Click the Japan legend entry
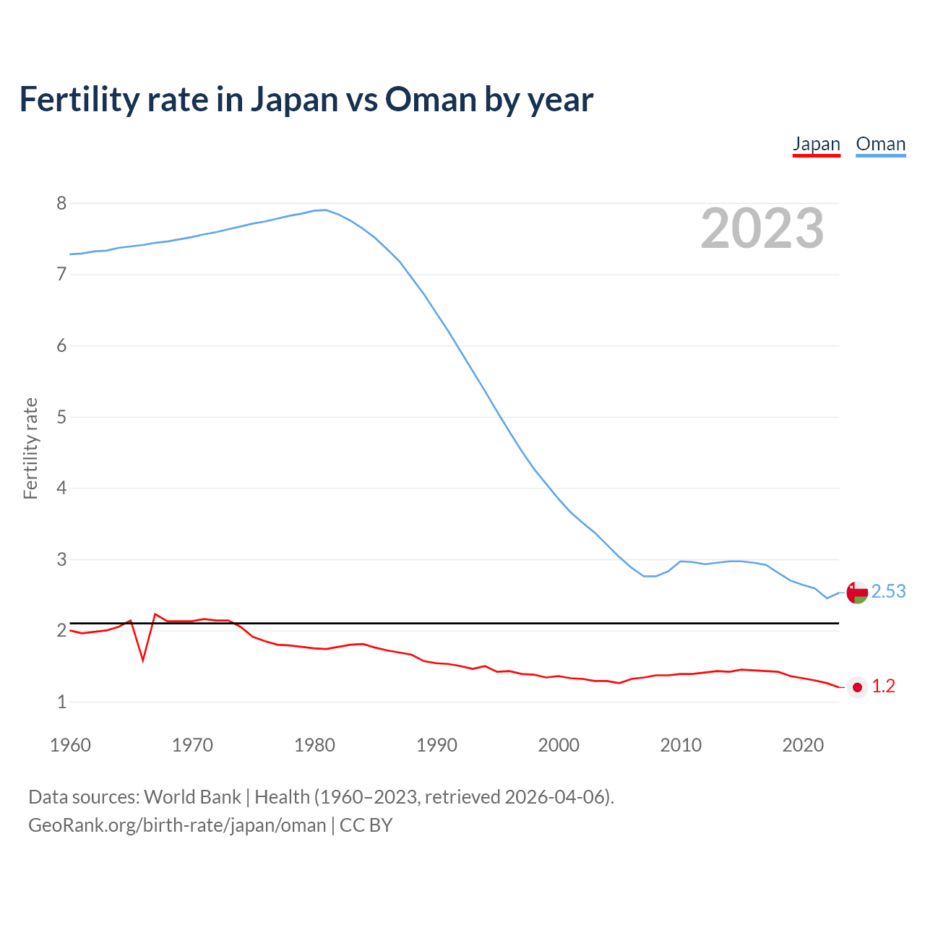(x=816, y=144)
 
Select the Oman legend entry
(x=880, y=144)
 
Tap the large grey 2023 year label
(x=762, y=228)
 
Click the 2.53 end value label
(x=888, y=592)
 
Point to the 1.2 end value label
(x=883, y=687)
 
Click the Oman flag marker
(x=857, y=593)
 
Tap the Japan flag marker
(x=857, y=687)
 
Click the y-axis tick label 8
(x=61, y=204)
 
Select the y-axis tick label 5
(x=61, y=417)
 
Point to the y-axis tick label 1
(x=61, y=702)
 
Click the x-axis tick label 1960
(x=70, y=745)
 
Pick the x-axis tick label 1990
(x=436, y=745)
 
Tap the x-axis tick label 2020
(x=803, y=745)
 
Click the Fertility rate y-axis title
(x=30, y=448)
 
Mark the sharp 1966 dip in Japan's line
(x=143, y=659)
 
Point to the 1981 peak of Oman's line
(x=326, y=210)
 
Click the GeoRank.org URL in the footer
(x=177, y=825)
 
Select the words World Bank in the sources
(x=192, y=797)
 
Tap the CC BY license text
(x=366, y=825)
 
